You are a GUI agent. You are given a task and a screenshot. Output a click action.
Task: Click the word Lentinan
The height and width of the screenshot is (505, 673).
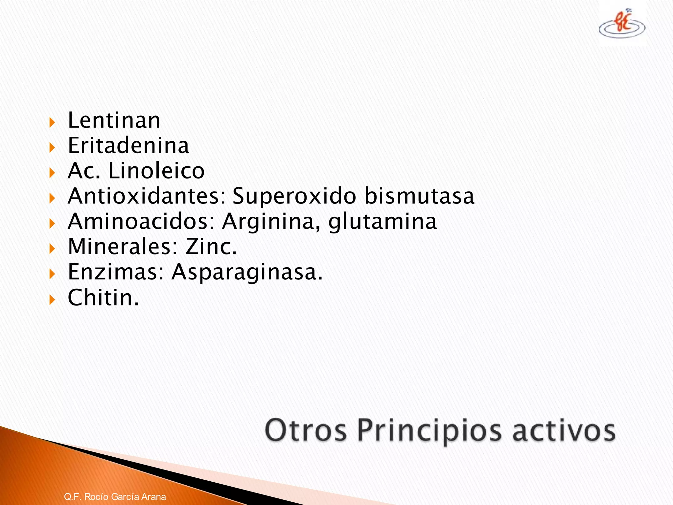coord(114,120)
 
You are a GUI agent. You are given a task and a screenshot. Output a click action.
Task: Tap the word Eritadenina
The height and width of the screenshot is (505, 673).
coord(128,146)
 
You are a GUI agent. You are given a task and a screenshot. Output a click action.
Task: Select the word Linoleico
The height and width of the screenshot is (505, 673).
coord(156,171)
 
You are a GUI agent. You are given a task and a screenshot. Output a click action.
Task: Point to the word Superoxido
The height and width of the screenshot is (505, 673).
coord(294,197)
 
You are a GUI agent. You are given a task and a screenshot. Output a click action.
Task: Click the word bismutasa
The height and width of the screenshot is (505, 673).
coord(420,196)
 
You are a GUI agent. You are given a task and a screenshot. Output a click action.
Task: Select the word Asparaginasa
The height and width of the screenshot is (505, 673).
coord(247,273)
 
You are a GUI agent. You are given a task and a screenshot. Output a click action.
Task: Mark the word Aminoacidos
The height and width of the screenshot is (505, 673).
coord(141,222)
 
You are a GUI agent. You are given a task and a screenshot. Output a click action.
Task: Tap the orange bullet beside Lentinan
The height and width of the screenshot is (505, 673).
coord(52,123)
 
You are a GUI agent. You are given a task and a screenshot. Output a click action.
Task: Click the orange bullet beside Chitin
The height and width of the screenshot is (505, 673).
coord(52,300)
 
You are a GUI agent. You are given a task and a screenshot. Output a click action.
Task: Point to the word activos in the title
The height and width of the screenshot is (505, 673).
coord(564,430)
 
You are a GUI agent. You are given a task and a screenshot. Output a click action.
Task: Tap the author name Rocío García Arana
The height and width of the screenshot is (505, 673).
coord(125,496)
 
